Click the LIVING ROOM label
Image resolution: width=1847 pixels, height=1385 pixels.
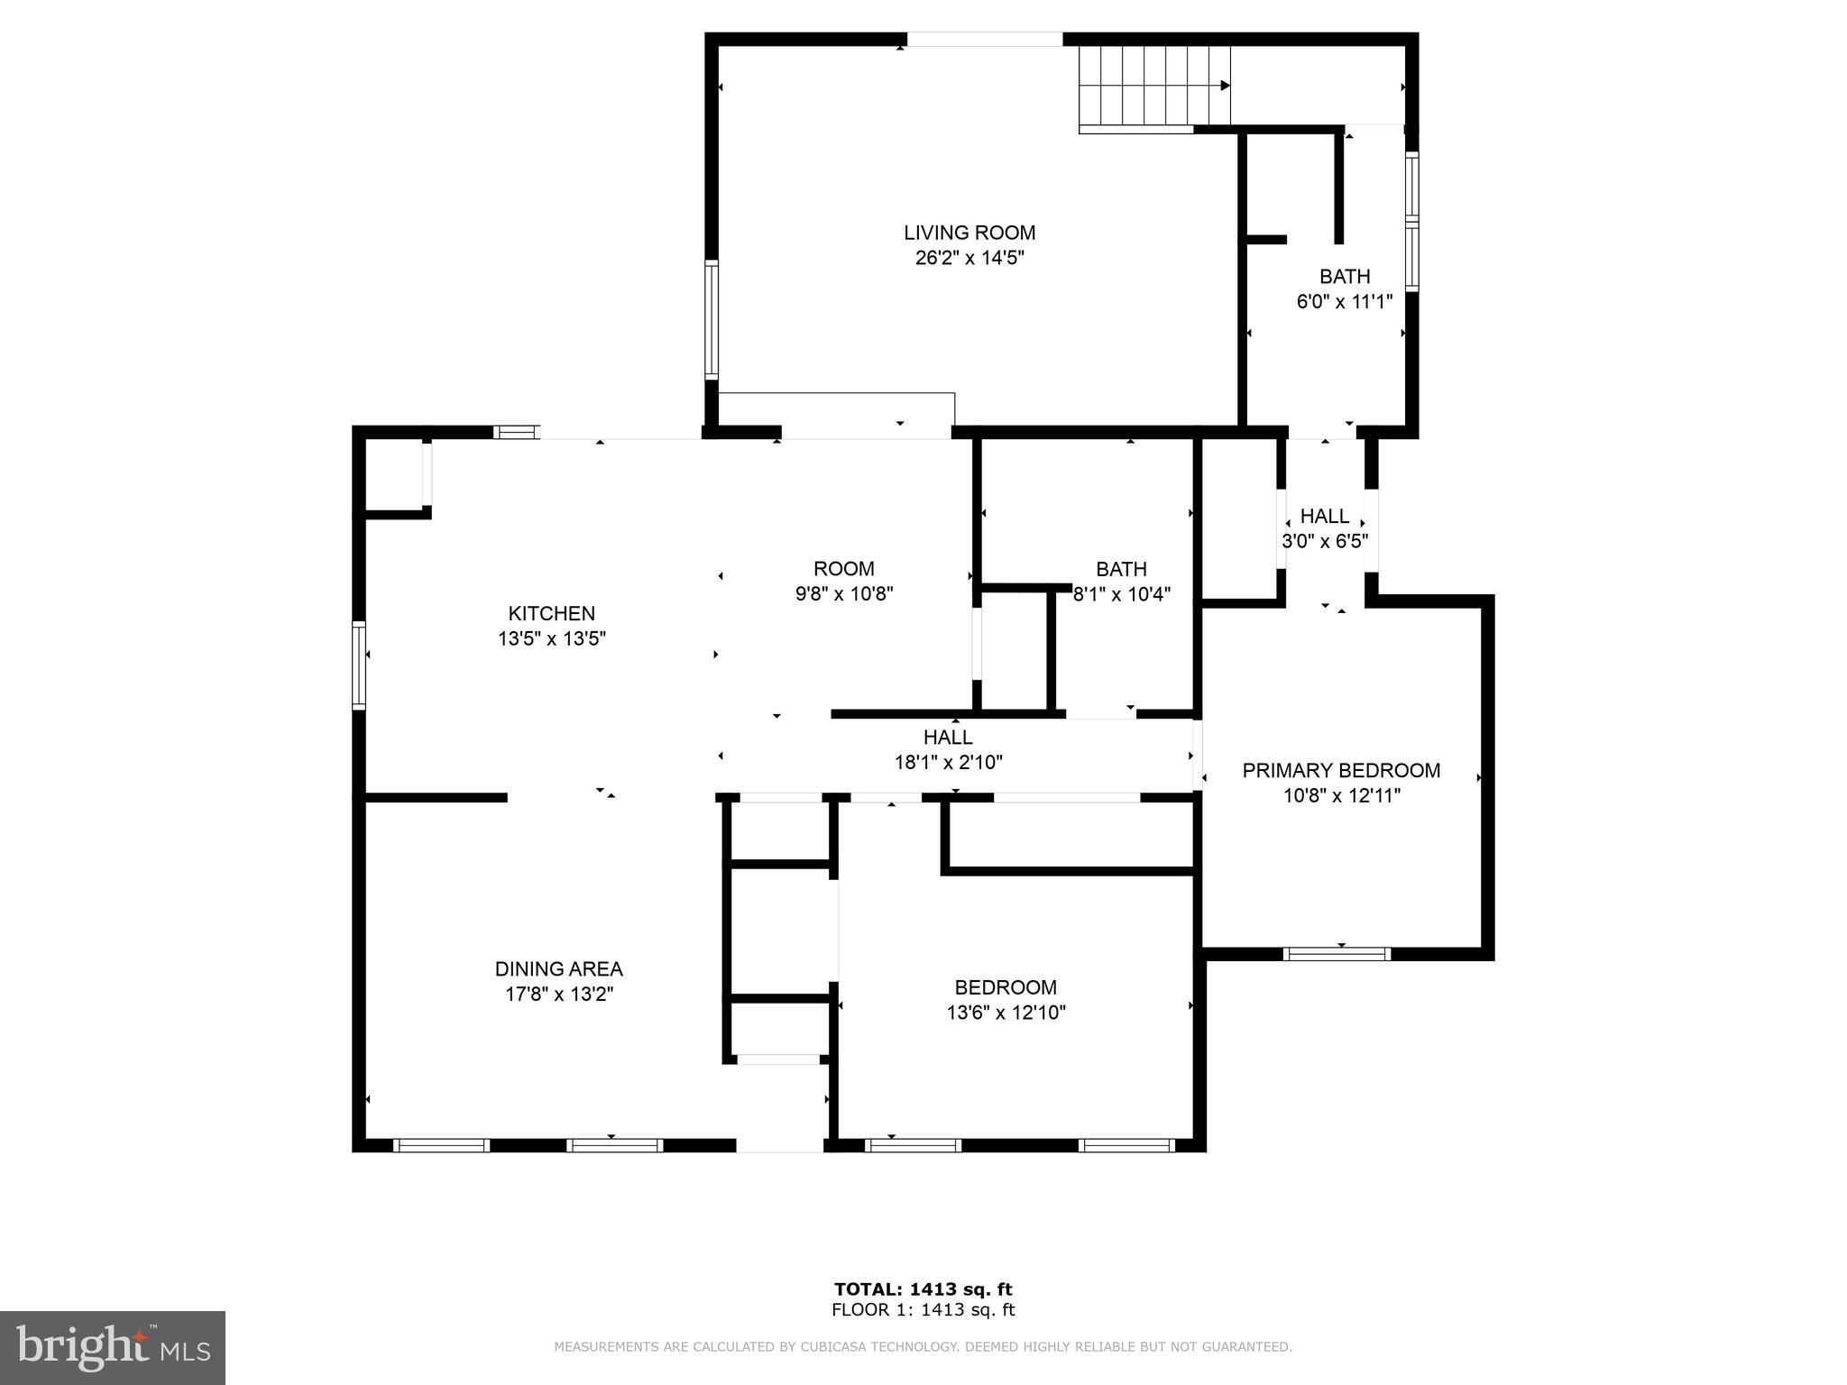969,233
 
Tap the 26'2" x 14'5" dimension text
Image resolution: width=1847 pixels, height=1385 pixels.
969,258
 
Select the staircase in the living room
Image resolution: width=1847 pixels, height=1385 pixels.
1154,86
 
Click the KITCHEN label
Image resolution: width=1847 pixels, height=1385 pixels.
551,613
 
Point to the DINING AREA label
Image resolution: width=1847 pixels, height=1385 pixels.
558,968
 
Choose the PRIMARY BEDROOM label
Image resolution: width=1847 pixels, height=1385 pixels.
1341,770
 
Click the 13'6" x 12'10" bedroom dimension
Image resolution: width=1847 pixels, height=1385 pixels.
1006,1013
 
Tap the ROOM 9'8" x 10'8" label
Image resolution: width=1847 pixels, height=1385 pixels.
843,569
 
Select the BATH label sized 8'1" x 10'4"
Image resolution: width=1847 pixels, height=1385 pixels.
1121,569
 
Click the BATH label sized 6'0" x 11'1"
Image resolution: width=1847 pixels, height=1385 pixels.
1344,276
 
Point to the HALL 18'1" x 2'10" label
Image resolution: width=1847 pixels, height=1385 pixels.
948,737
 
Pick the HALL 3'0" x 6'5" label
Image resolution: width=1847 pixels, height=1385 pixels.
1324,516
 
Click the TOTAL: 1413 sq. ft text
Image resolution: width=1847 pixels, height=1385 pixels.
923,1289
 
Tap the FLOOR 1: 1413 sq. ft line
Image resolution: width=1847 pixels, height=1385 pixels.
923,1310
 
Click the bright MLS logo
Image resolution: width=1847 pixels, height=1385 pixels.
113,1347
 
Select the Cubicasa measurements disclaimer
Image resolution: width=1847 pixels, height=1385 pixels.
923,1347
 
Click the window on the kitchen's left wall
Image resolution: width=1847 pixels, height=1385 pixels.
359,665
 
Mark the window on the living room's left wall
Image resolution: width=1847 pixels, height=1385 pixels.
712,320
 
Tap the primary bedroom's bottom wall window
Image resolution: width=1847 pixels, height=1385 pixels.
1337,954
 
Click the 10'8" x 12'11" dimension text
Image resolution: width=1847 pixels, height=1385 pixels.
1341,795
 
